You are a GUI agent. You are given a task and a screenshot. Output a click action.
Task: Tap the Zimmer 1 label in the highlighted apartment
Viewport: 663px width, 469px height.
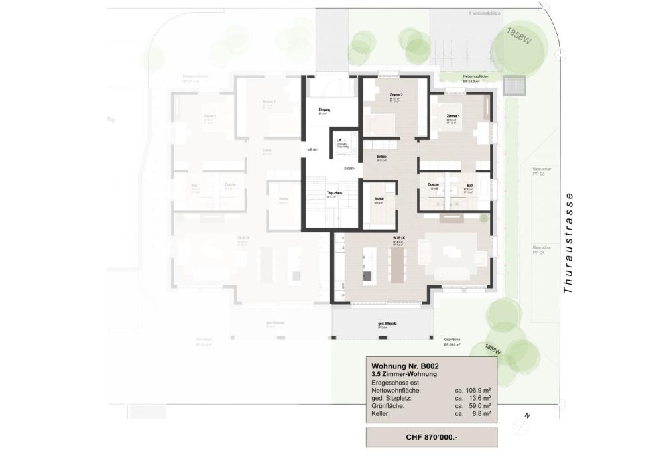453,115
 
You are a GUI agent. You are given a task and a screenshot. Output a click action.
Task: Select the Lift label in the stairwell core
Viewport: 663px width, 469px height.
339,141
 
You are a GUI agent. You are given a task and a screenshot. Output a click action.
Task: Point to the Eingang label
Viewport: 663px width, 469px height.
324,109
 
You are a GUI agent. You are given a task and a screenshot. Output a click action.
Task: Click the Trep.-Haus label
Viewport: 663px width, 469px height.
334,193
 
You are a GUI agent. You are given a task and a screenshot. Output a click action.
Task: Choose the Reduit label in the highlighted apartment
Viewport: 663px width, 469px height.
379,198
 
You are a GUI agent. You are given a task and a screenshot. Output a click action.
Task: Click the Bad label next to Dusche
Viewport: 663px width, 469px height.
469,185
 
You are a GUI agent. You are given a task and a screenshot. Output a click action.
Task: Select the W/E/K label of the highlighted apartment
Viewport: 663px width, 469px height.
398,237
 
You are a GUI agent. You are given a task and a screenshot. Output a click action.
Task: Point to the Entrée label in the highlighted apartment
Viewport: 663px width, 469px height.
381,156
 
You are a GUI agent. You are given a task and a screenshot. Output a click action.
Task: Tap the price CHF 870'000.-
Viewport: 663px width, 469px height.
431,438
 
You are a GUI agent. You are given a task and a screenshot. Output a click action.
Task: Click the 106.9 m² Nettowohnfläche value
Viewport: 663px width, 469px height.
473,391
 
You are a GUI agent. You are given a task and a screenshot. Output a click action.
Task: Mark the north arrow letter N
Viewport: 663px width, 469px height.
527,417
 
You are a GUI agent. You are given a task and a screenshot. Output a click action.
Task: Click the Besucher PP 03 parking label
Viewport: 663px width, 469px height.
542,172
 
